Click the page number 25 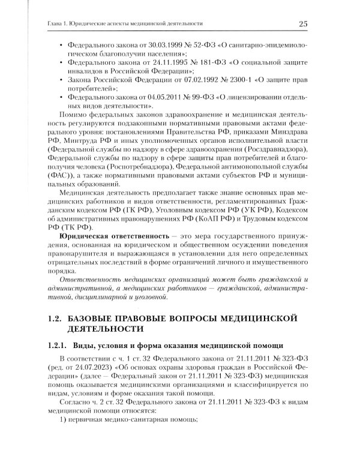[303, 23]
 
